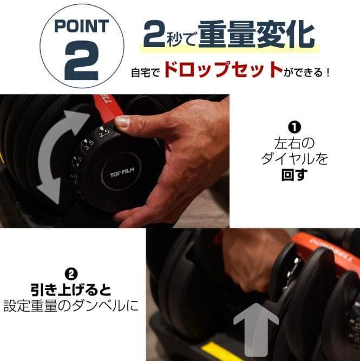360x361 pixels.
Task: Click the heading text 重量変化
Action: click(256, 35)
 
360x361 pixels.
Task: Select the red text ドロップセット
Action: click(222, 70)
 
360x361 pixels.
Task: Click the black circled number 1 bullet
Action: click(294, 128)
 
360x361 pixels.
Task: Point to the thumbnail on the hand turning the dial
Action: click(123, 121)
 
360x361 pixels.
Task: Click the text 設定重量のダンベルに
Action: click(71, 306)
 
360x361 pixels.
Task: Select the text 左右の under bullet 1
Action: click(294, 144)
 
